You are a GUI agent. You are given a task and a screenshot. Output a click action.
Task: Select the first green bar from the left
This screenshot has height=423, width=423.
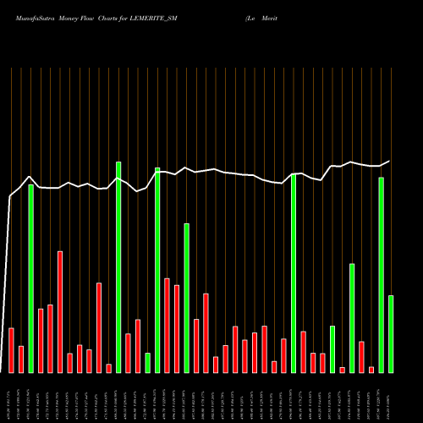[31, 278]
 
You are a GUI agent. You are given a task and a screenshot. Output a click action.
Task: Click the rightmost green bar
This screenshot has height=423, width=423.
[391, 333]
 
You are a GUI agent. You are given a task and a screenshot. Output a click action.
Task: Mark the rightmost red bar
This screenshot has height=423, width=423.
[371, 369]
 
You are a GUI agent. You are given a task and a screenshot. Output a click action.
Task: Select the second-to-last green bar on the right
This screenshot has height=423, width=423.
[382, 275]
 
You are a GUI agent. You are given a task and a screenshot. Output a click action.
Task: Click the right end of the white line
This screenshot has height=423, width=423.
[390, 161]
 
